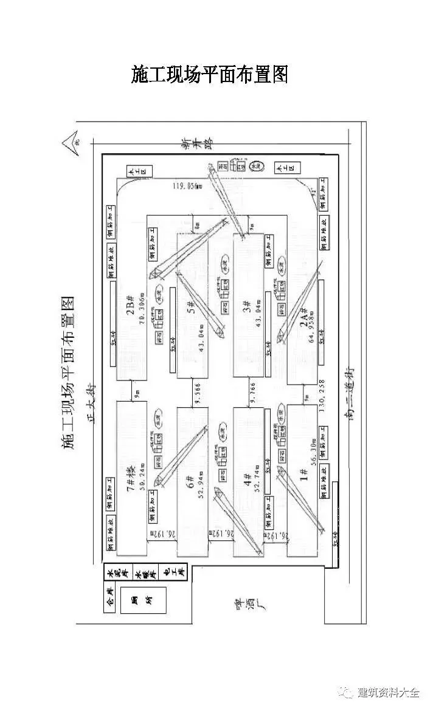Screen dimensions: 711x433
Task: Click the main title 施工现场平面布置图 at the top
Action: coord(209,75)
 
